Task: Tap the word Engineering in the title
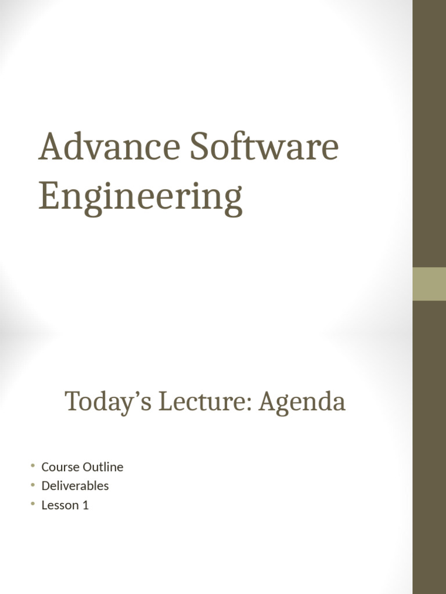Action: click(140, 197)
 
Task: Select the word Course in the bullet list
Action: click(60, 467)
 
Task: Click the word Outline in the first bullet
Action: click(103, 467)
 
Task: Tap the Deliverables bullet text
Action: click(75, 486)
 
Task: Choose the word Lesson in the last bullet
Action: click(60, 505)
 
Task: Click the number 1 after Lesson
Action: click(85, 505)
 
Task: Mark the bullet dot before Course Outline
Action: click(34, 466)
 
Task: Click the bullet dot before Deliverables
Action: click(34, 485)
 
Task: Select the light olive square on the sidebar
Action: click(429, 284)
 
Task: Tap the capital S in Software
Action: click(200, 147)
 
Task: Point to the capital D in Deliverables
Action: click(45, 486)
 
